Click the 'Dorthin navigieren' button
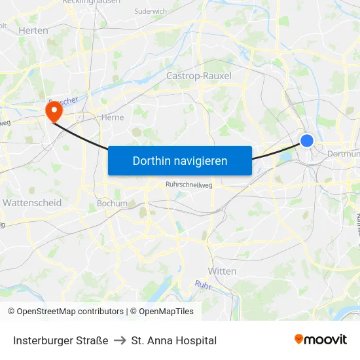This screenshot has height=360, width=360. click(x=180, y=160)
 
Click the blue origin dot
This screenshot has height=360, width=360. click(x=306, y=140)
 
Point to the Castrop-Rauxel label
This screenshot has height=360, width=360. click(x=199, y=76)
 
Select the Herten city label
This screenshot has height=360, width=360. click(x=33, y=30)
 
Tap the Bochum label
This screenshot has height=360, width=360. click(x=112, y=204)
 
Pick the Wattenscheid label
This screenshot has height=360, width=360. click(x=32, y=203)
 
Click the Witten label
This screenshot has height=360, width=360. click(x=222, y=271)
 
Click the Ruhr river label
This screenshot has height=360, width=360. click(x=203, y=285)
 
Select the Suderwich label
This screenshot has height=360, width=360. click(x=151, y=11)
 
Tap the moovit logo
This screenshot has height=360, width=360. click(x=321, y=340)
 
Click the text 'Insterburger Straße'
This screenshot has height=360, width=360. click(x=61, y=340)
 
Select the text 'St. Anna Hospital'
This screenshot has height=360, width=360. click(x=174, y=340)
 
